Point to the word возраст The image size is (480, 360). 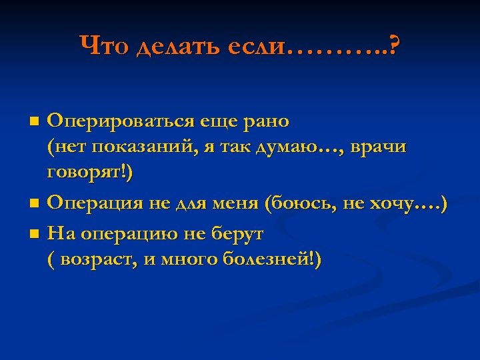point(99,259)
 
